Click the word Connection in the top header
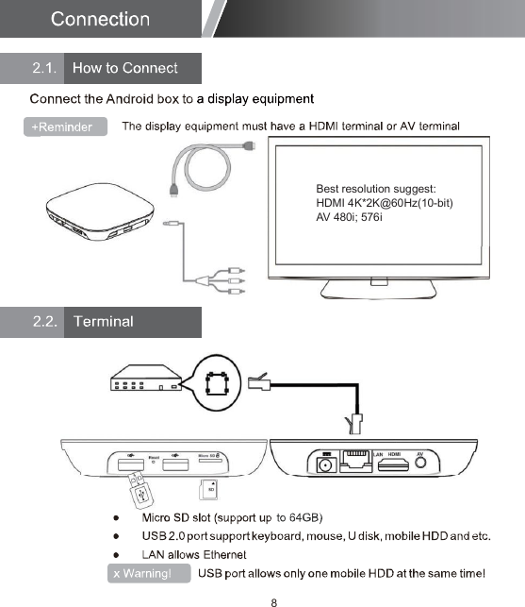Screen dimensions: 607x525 pyautogui.click(x=100, y=19)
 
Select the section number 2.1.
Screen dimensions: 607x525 pyautogui.click(x=46, y=68)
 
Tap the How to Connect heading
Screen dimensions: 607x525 pyautogui.click(x=125, y=68)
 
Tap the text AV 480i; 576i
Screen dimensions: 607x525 pyautogui.click(x=349, y=218)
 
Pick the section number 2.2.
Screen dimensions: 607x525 pyautogui.click(x=46, y=322)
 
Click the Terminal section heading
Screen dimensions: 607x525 pyautogui.click(x=104, y=322)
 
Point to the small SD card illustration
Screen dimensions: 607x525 pyautogui.click(x=209, y=489)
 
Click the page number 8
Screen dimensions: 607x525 pyautogui.click(x=273, y=600)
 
